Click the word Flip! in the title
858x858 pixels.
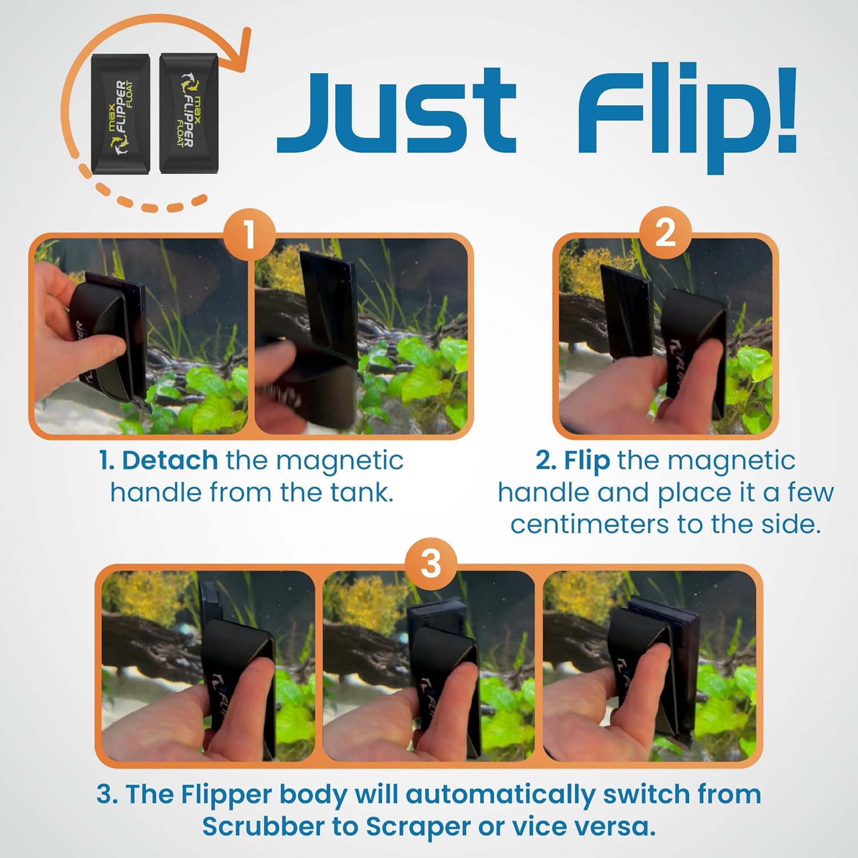click(x=686, y=117)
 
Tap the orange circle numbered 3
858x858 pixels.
click(x=430, y=563)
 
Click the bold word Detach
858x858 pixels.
click(x=169, y=460)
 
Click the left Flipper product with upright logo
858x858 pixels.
click(x=121, y=114)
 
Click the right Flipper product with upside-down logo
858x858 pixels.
click(x=188, y=113)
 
